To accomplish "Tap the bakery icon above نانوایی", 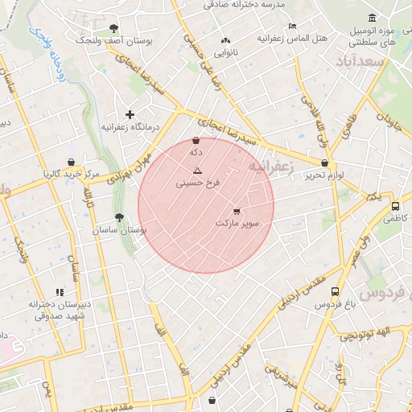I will [x=225, y=39].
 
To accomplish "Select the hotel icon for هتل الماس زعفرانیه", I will [x=291, y=26].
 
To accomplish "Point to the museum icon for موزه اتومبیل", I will [x=371, y=18].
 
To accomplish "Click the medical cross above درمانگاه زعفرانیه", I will [x=130, y=115].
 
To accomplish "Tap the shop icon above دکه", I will [x=196, y=141].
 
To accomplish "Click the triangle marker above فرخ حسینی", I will [x=197, y=171].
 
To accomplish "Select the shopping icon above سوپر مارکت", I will [x=236, y=212].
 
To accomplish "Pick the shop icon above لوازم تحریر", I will [x=324, y=163].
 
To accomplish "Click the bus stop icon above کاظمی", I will [x=394, y=205].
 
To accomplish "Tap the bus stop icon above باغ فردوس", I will [x=335, y=292].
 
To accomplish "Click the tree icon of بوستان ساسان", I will [x=119, y=217].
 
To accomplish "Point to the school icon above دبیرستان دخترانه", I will [x=59, y=292].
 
